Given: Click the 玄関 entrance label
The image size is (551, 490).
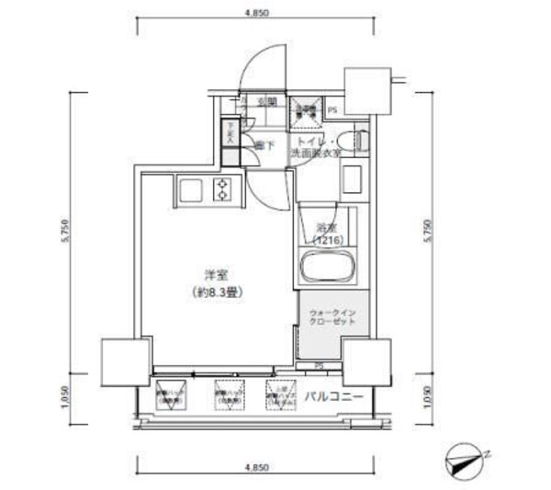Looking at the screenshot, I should click(266, 102).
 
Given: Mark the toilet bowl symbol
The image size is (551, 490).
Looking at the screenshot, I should click(359, 141).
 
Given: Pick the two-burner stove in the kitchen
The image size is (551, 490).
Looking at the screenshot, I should click(221, 190).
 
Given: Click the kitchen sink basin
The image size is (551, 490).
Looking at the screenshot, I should click(193, 190).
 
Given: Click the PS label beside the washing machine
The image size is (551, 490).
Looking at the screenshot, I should click(332, 111).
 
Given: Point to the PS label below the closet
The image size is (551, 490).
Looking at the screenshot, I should click(318, 366).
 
